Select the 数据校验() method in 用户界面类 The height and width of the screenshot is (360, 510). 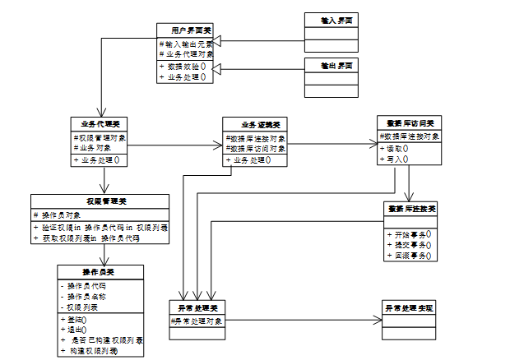(185, 66)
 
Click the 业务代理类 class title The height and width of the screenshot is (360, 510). (101, 124)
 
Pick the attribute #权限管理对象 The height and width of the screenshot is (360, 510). (101, 138)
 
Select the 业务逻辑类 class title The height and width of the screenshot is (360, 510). (255, 124)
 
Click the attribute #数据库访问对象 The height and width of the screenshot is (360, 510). (257, 149)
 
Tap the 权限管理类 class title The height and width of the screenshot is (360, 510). (100, 200)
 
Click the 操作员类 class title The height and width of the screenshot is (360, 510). (100, 271)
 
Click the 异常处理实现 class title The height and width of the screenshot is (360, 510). (410, 307)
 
